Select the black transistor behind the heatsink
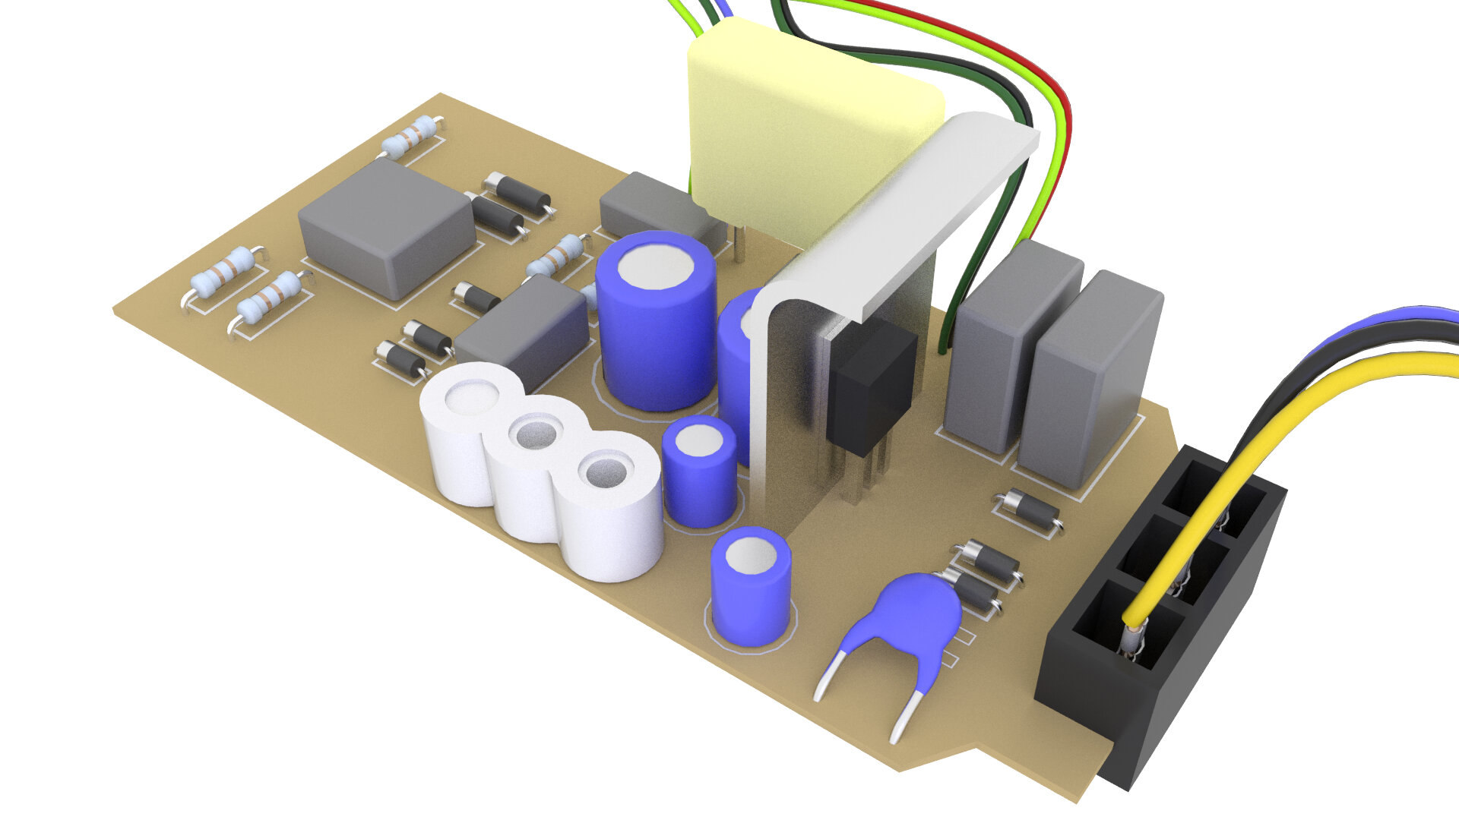pos(870,387)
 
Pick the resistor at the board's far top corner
pos(411,137)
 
